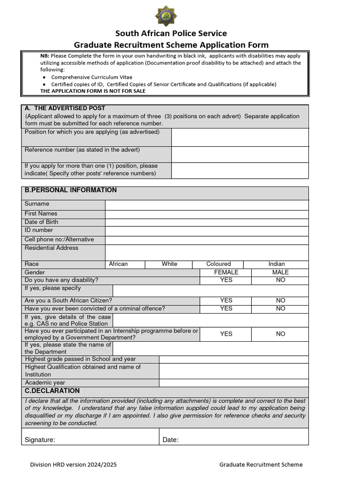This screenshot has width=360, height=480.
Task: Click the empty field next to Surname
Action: tap(207, 205)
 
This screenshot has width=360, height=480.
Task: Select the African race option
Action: tap(118, 264)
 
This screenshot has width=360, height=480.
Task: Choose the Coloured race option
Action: tap(218, 264)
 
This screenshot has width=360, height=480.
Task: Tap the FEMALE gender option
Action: tap(226, 272)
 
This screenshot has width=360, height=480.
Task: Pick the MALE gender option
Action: tap(280, 272)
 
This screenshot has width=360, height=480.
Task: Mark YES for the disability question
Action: tap(226, 280)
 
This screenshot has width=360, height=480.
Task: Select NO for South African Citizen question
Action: tap(280, 300)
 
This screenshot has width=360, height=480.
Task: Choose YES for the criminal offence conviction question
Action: tap(226, 308)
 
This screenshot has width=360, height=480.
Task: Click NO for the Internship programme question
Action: tap(280, 334)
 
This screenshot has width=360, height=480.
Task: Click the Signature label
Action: tap(40, 440)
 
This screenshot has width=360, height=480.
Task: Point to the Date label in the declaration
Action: tap(171, 440)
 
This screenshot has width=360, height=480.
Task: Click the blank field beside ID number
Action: tap(207, 231)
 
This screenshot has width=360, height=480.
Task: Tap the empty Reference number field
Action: tap(240, 154)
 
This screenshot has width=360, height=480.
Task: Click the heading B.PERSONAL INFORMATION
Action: tap(71, 190)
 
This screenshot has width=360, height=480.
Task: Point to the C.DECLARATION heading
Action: tap(52, 391)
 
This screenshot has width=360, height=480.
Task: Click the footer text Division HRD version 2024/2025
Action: tap(74, 465)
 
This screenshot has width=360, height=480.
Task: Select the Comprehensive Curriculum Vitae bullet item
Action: tap(91, 77)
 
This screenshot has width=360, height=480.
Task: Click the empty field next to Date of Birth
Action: tap(207, 222)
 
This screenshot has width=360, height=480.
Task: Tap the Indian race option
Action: tap(277, 264)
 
